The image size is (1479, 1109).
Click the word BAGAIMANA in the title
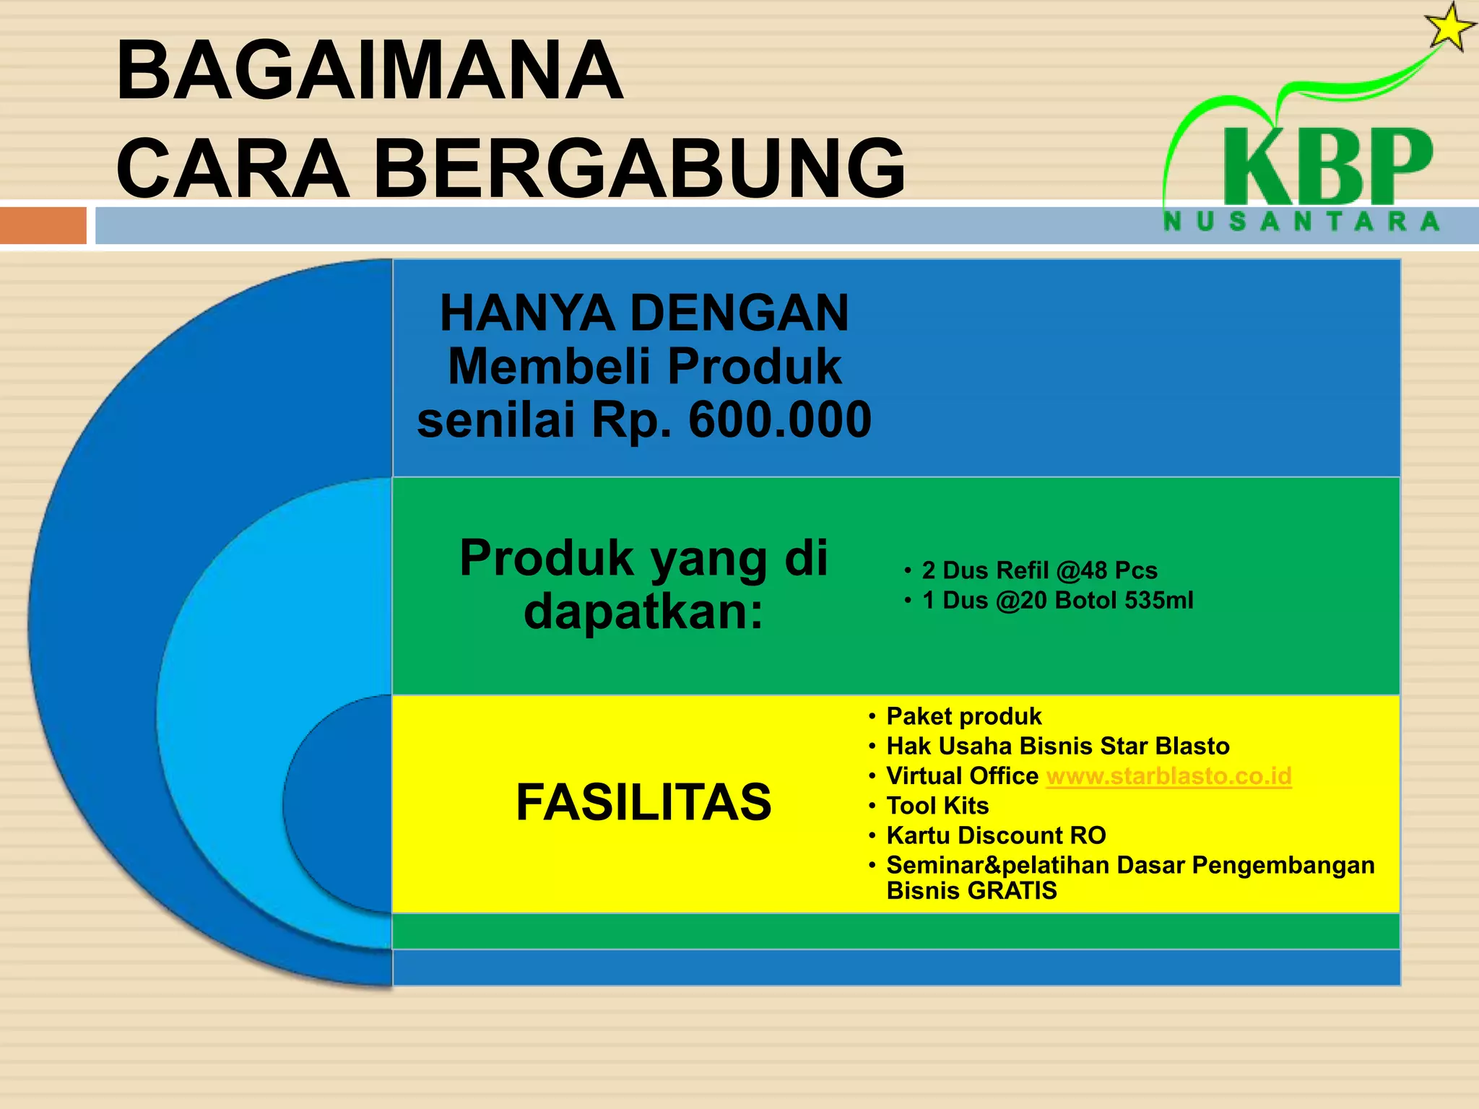(369, 71)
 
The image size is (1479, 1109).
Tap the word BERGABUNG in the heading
(638, 168)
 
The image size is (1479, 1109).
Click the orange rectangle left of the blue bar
(43, 226)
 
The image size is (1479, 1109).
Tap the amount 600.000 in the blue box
(779, 419)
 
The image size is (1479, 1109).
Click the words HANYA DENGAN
(644, 313)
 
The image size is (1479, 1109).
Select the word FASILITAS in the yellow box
(643, 802)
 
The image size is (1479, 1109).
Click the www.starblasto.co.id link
(1168, 776)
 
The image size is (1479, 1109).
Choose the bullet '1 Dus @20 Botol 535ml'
(1057, 600)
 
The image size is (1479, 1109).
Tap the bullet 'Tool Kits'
(937, 806)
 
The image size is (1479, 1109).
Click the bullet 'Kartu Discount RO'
(996, 835)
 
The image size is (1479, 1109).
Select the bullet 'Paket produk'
(963, 716)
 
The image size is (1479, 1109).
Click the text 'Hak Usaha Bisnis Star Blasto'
(1057, 746)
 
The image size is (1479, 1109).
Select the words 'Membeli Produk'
(644, 367)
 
